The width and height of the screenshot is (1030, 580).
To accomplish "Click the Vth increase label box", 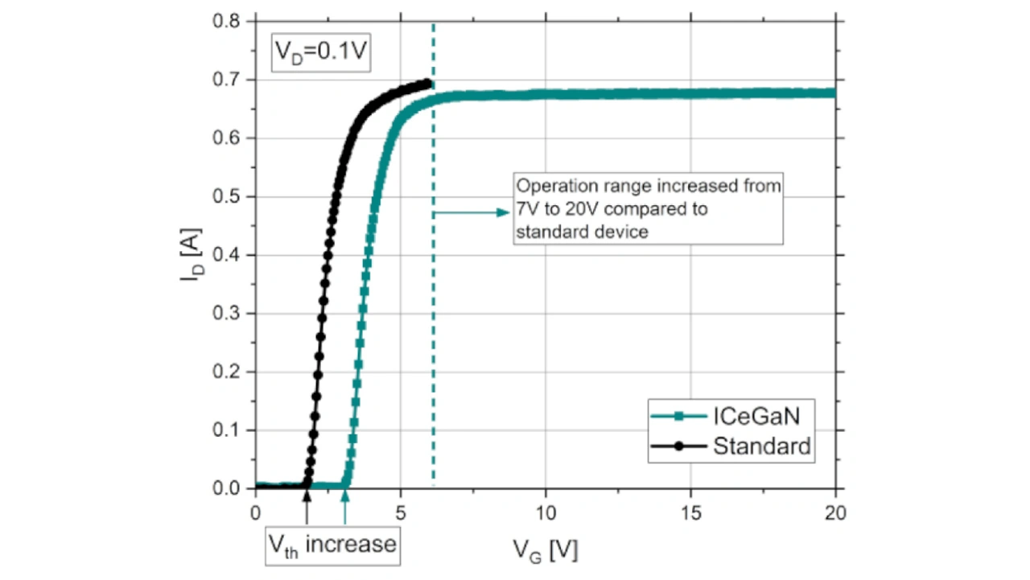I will pyautogui.click(x=332, y=544).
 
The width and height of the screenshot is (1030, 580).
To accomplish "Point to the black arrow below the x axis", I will pyautogui.click(x=307, y=508).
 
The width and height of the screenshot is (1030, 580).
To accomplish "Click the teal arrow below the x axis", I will pyautogui.click(x=345, y=508).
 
